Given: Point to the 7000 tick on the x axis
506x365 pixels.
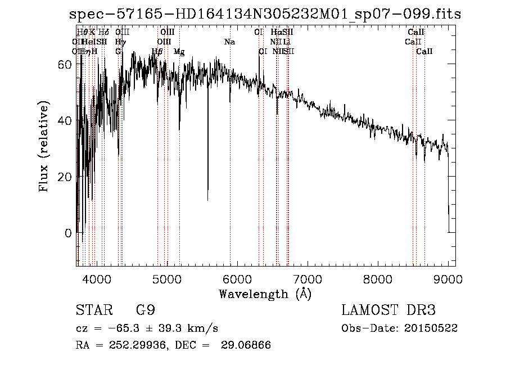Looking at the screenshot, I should coord(307,279).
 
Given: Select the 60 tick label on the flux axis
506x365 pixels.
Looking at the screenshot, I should coord(65,64).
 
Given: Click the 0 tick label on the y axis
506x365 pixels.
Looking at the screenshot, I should coord(68,233).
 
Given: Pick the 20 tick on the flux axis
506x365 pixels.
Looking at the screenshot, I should coord(65,177).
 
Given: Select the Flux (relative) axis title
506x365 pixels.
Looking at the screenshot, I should coord(44,146).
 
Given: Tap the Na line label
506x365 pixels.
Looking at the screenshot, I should coord(229,42).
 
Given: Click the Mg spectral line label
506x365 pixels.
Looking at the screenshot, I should coord(179,52).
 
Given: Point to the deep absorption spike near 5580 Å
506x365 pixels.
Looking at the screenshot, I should coord(208,197).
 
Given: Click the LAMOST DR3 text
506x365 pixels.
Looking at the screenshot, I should coord(388,310).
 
